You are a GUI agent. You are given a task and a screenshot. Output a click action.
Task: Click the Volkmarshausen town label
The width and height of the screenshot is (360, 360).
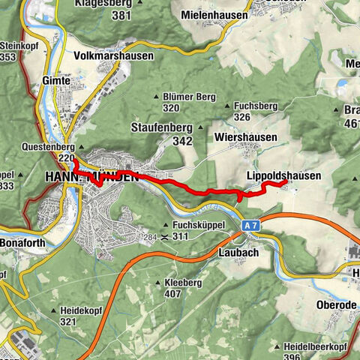[x=113, y=55]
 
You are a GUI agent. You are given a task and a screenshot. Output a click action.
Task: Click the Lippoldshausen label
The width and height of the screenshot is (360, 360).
[x=283, y=175]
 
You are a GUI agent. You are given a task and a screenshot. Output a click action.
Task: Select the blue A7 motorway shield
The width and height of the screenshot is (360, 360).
[x=250, y=224]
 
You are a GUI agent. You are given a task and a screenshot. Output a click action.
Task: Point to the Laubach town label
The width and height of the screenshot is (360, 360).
[x=240, y=253]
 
